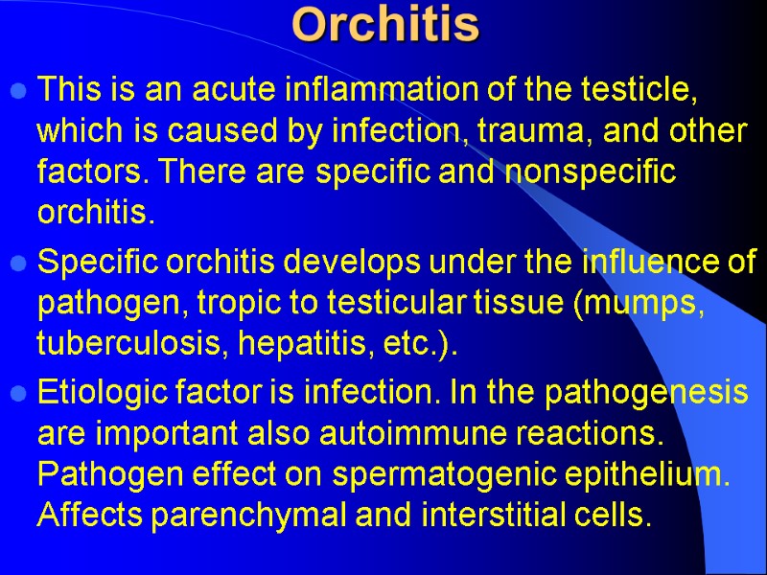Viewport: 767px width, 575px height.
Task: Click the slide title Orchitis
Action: click(x=385, y=26)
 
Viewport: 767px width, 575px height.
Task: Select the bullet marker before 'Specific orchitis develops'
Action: click(x=17, y=263)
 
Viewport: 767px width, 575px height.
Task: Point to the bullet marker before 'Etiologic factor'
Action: click(x=17, y=392)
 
